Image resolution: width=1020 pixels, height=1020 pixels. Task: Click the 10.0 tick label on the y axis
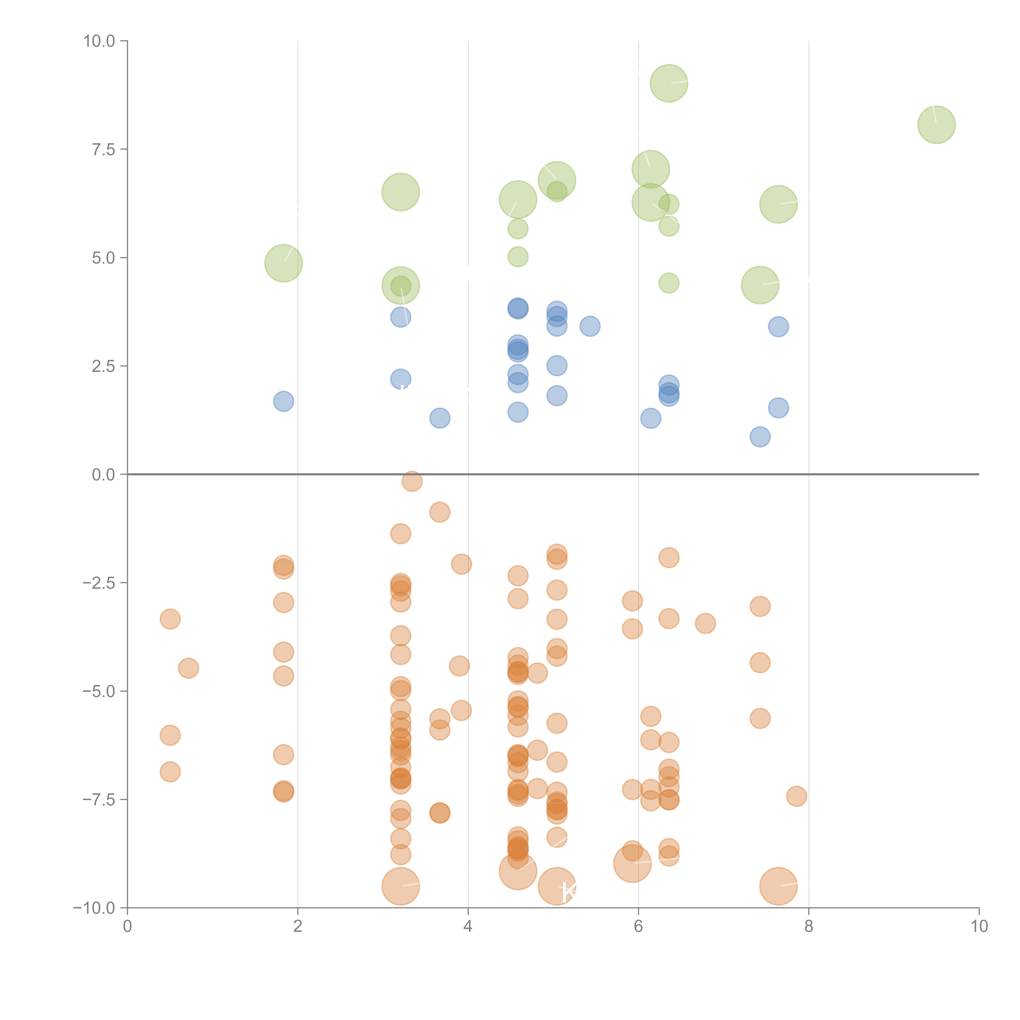[99, 41]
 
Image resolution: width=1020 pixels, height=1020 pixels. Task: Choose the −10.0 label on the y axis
[95, 908]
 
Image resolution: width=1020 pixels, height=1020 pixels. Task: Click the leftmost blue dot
[284, 401]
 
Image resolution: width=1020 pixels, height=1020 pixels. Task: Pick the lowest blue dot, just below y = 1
[760, 437]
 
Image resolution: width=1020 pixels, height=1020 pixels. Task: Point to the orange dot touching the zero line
[412, 481]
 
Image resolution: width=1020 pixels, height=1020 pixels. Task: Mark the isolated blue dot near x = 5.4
[590, 326]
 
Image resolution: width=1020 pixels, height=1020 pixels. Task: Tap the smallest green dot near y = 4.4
[669, 283]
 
